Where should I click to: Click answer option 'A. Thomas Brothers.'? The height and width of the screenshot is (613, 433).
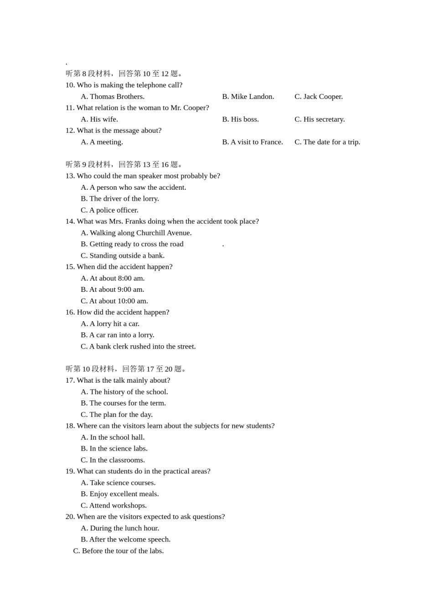click(x=113, y=96)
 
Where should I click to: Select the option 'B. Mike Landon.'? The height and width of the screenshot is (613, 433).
click(x=248, y=96)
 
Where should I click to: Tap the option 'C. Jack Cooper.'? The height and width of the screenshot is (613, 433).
click(x=319, y=96)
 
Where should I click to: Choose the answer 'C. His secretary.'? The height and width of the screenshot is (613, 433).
click(x=320, y=119)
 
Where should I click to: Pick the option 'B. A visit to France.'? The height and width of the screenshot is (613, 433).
click(x=253, y=142)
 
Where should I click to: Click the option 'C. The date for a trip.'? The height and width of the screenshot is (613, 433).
click(x=327, y=142)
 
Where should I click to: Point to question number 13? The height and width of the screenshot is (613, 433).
click(x=70, y=176)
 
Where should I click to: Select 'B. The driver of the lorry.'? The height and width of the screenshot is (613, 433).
click(x=120, y=198)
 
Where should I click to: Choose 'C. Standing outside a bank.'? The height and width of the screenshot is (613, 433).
click(x=123, y=255)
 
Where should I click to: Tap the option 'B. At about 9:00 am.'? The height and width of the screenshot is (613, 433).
click(x=113, y=289)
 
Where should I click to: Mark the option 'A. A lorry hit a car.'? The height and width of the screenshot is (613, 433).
click(x=110, y=323)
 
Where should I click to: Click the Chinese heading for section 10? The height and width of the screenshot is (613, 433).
click(x=126, y=369)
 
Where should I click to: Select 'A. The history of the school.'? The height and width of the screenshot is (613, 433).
click(x=124, y=391)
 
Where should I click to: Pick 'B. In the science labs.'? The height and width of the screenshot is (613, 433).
click(x=114, y=448)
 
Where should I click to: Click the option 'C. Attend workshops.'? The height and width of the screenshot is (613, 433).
click(x=113, y=505)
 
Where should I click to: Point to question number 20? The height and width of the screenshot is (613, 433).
click(x=70, y=516)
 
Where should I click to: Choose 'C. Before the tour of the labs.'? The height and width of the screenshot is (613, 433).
click(x=119, y=551)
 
